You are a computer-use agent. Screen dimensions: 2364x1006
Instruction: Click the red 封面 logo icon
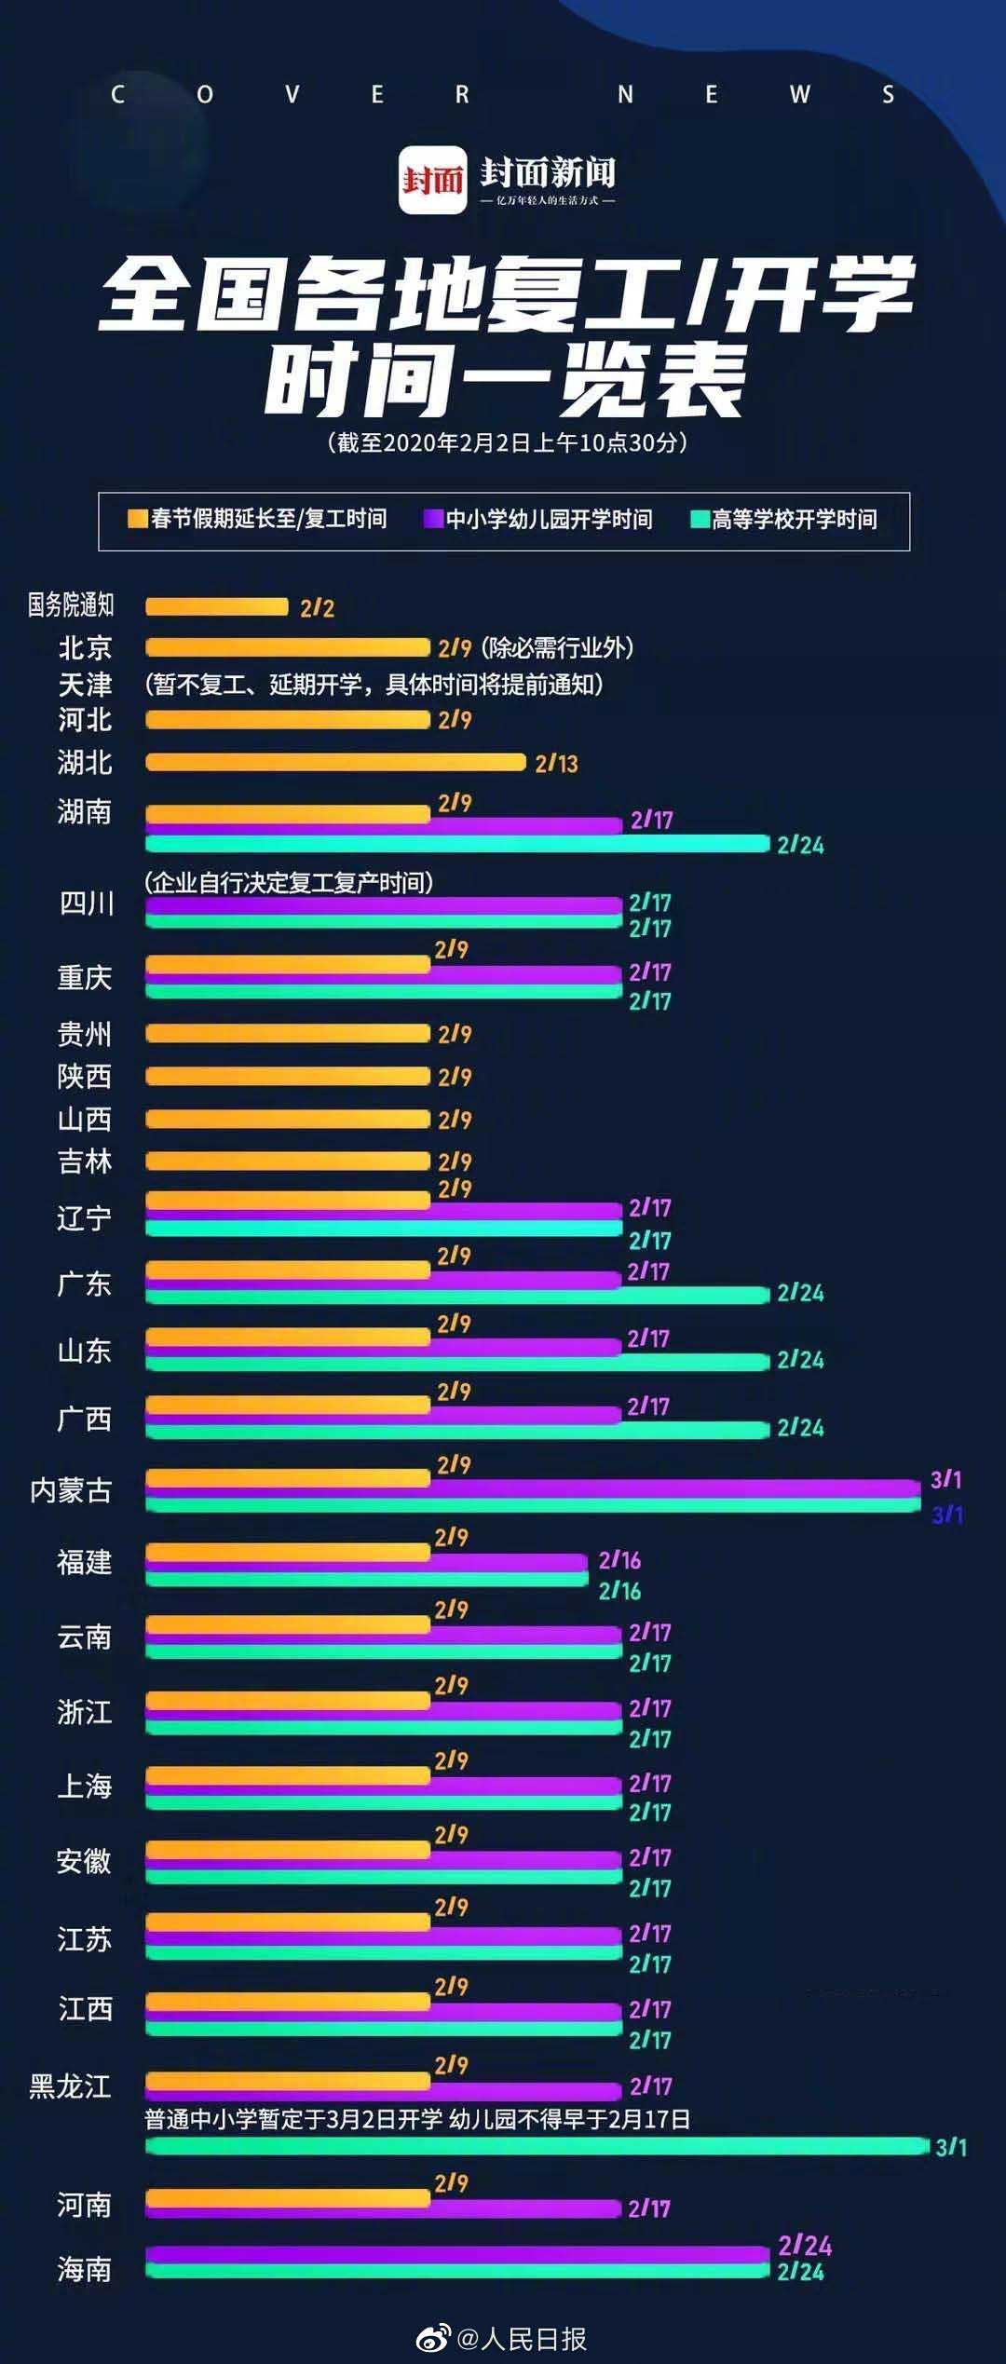tap(432, 180)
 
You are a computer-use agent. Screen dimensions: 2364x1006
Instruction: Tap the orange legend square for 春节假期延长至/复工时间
tap(138, 519)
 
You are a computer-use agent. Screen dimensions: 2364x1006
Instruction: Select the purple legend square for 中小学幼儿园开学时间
tap(433, 519)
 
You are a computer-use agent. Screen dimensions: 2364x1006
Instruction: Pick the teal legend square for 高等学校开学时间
tap(700, 520)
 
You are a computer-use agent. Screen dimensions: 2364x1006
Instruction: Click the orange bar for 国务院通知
tap(216, 607)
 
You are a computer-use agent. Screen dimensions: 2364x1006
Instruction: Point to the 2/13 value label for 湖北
tap(556, 764)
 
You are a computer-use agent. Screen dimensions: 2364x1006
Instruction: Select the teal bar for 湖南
tap(456, 845)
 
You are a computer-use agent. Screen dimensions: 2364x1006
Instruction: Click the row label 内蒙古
tap(71, 1491)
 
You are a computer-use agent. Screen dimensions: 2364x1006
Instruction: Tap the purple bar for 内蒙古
tap(531, 1488)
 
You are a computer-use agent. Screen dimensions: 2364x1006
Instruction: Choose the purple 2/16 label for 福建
tap(619, 1560)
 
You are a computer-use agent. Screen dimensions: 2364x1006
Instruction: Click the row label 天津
tap(85, 685)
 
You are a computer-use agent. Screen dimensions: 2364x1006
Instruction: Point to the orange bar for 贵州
tap(287, 1033)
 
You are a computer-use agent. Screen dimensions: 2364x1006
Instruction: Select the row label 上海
tap(85, 1787)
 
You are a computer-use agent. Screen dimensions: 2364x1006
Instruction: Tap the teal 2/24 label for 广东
tap(800, 1293)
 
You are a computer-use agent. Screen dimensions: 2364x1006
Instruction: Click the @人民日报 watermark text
tap(521, 2338)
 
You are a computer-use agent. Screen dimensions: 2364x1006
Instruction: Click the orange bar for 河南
tap(287, 2197)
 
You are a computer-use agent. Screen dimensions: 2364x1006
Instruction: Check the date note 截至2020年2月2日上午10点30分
tap(508, 442)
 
